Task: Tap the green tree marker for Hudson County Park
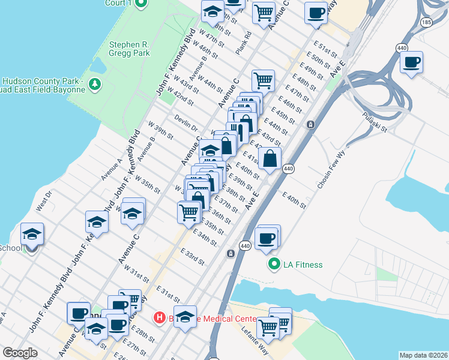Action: pos(94,83)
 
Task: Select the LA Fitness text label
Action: pos(303,265)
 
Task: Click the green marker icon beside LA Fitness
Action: pos(274,264)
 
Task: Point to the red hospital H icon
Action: pos(159,317)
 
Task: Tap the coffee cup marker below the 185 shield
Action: pos(412,63)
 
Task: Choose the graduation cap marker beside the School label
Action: pos(32,234)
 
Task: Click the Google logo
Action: pos(20,353)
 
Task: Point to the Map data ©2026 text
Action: pos(423,355)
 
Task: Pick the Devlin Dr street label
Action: pos(186,123)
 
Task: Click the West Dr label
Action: pos(44,201)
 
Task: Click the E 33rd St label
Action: pos(192,258)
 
